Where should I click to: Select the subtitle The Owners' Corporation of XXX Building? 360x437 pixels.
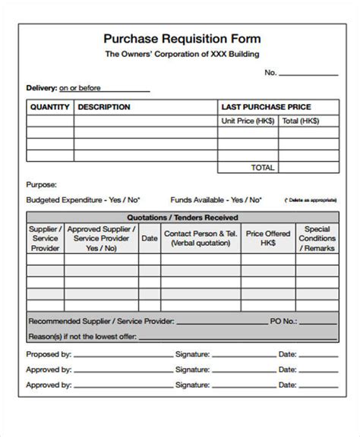[x=180, y=55]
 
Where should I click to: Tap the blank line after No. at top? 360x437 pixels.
[x=309, y=74]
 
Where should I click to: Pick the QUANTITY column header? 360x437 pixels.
[x=49, y=107]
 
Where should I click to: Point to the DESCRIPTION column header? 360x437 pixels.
[x=104, y=107]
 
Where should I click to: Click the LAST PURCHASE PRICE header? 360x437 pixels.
[x=265, y=107]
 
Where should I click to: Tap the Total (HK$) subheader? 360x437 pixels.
[x=300, y=121]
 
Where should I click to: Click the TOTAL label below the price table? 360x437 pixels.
[x=263, y=166]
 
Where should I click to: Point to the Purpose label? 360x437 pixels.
[x=42, y=184]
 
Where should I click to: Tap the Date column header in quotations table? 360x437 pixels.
[x=150, y=238]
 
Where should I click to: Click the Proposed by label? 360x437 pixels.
[x=49, y=354]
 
